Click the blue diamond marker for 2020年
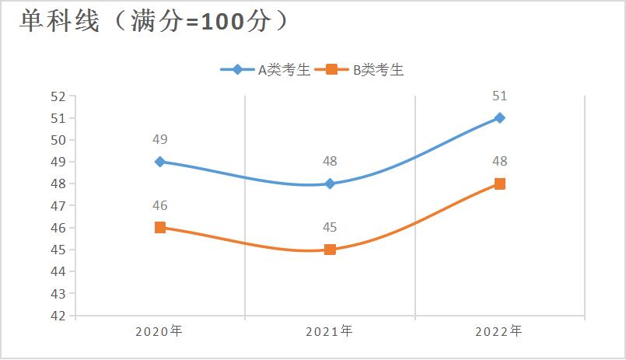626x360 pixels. [x=159, y=162]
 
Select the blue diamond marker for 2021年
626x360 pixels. [x=330, y=183]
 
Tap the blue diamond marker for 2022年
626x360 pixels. [x=500, y=118]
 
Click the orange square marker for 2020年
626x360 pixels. [x=159, y=227]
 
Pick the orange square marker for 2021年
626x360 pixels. [x=330, y=250]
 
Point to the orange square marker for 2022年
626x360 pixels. [x=500, y=183]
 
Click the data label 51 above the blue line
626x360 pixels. [x=500, y=96]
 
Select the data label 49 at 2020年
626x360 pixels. [x=160, y=140]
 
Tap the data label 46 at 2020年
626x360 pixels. [x=160, y=205]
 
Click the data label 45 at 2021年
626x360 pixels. [x=330, y=228]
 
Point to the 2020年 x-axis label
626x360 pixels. [x=159, y=331]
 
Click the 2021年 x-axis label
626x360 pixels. [x=329, y=331]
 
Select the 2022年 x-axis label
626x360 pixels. [x=499, y=331]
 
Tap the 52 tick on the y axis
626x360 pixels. [x=58, y=96]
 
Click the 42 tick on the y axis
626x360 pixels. [x=58, y=316]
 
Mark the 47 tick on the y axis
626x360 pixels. [x=58, y=206]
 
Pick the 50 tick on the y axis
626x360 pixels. [x=58, y=140]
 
